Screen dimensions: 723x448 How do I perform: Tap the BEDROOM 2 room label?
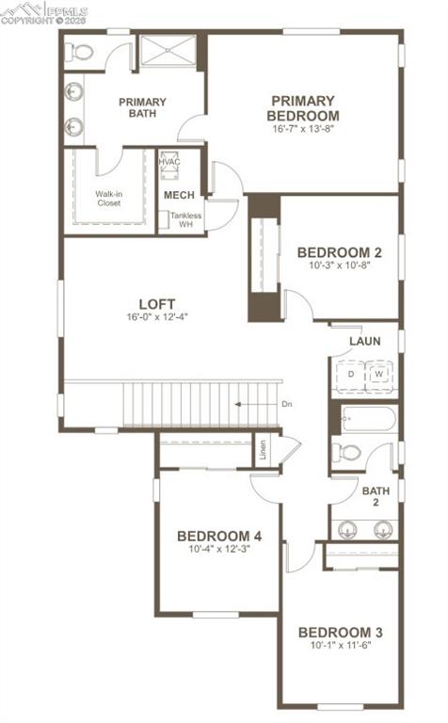pos(339,252)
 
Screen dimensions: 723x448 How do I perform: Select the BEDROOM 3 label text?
pos(340,632)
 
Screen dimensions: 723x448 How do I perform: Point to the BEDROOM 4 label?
pos(218,536)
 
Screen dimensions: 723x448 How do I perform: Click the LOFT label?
pos(157,303)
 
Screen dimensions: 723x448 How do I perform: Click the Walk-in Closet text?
pos(109,198)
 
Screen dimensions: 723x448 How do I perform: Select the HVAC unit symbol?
pos(169,162)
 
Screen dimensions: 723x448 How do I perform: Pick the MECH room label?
pos(179,195)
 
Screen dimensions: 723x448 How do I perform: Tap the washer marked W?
pos(378,375)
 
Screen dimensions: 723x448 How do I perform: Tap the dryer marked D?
pos(351,375)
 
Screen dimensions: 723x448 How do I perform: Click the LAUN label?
pos(364,341)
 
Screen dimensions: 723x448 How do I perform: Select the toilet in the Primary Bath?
pos(81,53)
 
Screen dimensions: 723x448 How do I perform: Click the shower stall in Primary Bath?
pos(168,51)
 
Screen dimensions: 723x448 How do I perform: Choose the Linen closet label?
pos(262,450)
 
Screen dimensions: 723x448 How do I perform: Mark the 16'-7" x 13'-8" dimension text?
pos(302,130)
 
